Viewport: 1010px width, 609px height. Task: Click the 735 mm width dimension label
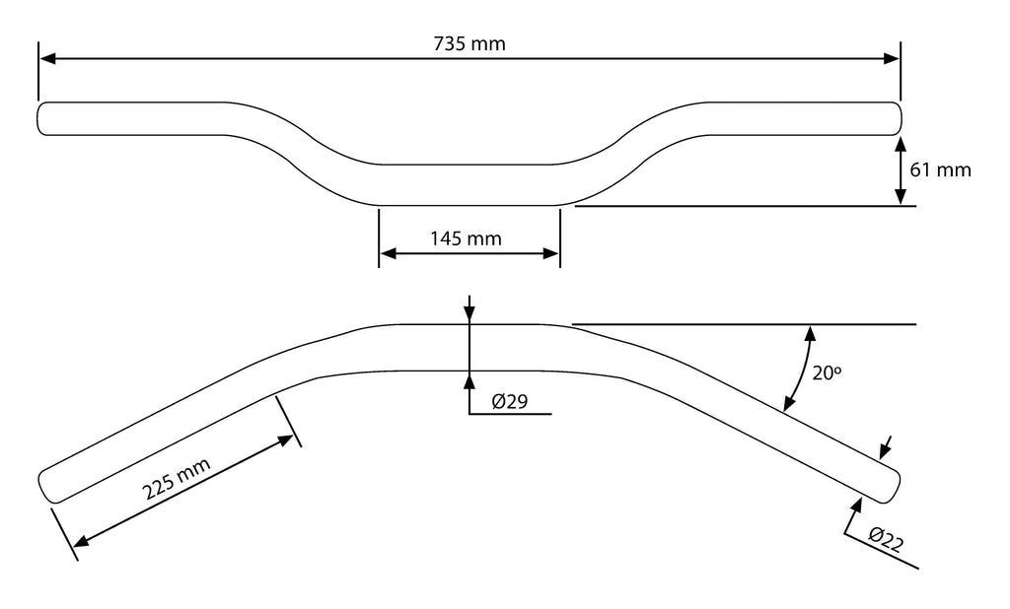(469, 44)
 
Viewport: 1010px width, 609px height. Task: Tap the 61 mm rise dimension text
(940, 169)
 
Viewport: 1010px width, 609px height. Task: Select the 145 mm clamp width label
(466, 237)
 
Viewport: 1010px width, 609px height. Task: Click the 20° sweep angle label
(825, 372)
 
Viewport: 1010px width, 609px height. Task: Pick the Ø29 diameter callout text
(512, 401)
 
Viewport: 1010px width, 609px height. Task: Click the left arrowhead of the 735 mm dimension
(47, 59)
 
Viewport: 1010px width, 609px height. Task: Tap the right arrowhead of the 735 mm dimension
(892, 59)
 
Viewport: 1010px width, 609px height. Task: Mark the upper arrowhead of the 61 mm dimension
(901, 144)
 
